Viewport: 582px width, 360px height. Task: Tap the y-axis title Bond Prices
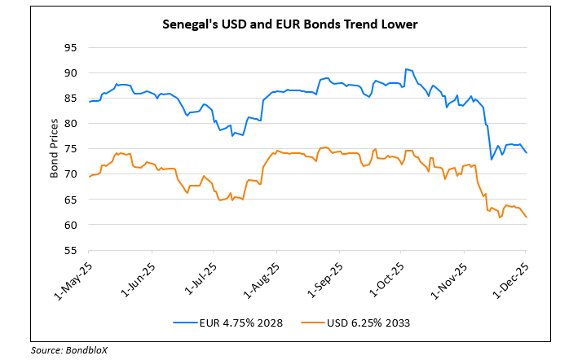[54, 148]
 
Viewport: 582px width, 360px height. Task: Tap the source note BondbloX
[69, 349]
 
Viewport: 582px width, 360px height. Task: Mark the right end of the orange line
[526, 217]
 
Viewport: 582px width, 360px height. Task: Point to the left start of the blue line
[88, 102]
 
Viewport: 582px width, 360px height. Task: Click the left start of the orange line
[88, 177]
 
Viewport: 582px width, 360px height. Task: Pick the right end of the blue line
[526, 152]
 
